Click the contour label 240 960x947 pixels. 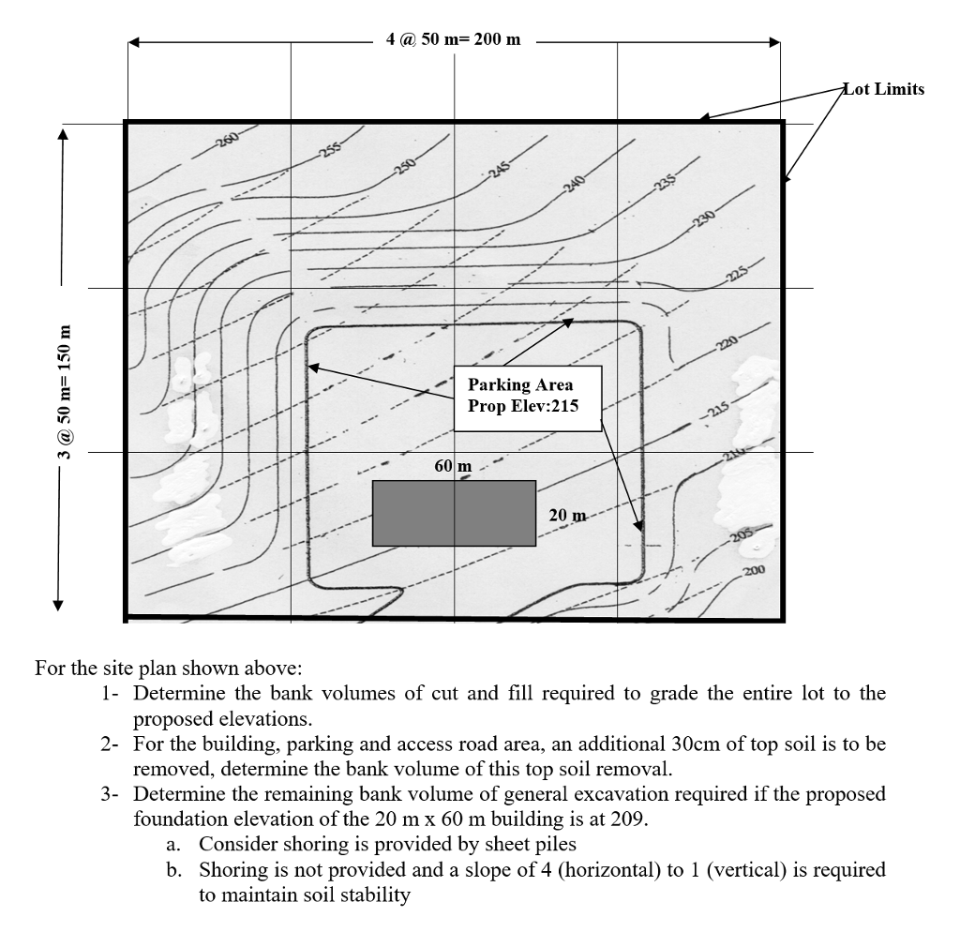point(574,182)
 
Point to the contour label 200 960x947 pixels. point(755,571)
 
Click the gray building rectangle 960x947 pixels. point(454,513)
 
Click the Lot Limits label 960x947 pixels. point(883,90)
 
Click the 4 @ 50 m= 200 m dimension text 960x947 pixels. point(453,40)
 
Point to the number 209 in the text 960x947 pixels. point(629,819)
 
